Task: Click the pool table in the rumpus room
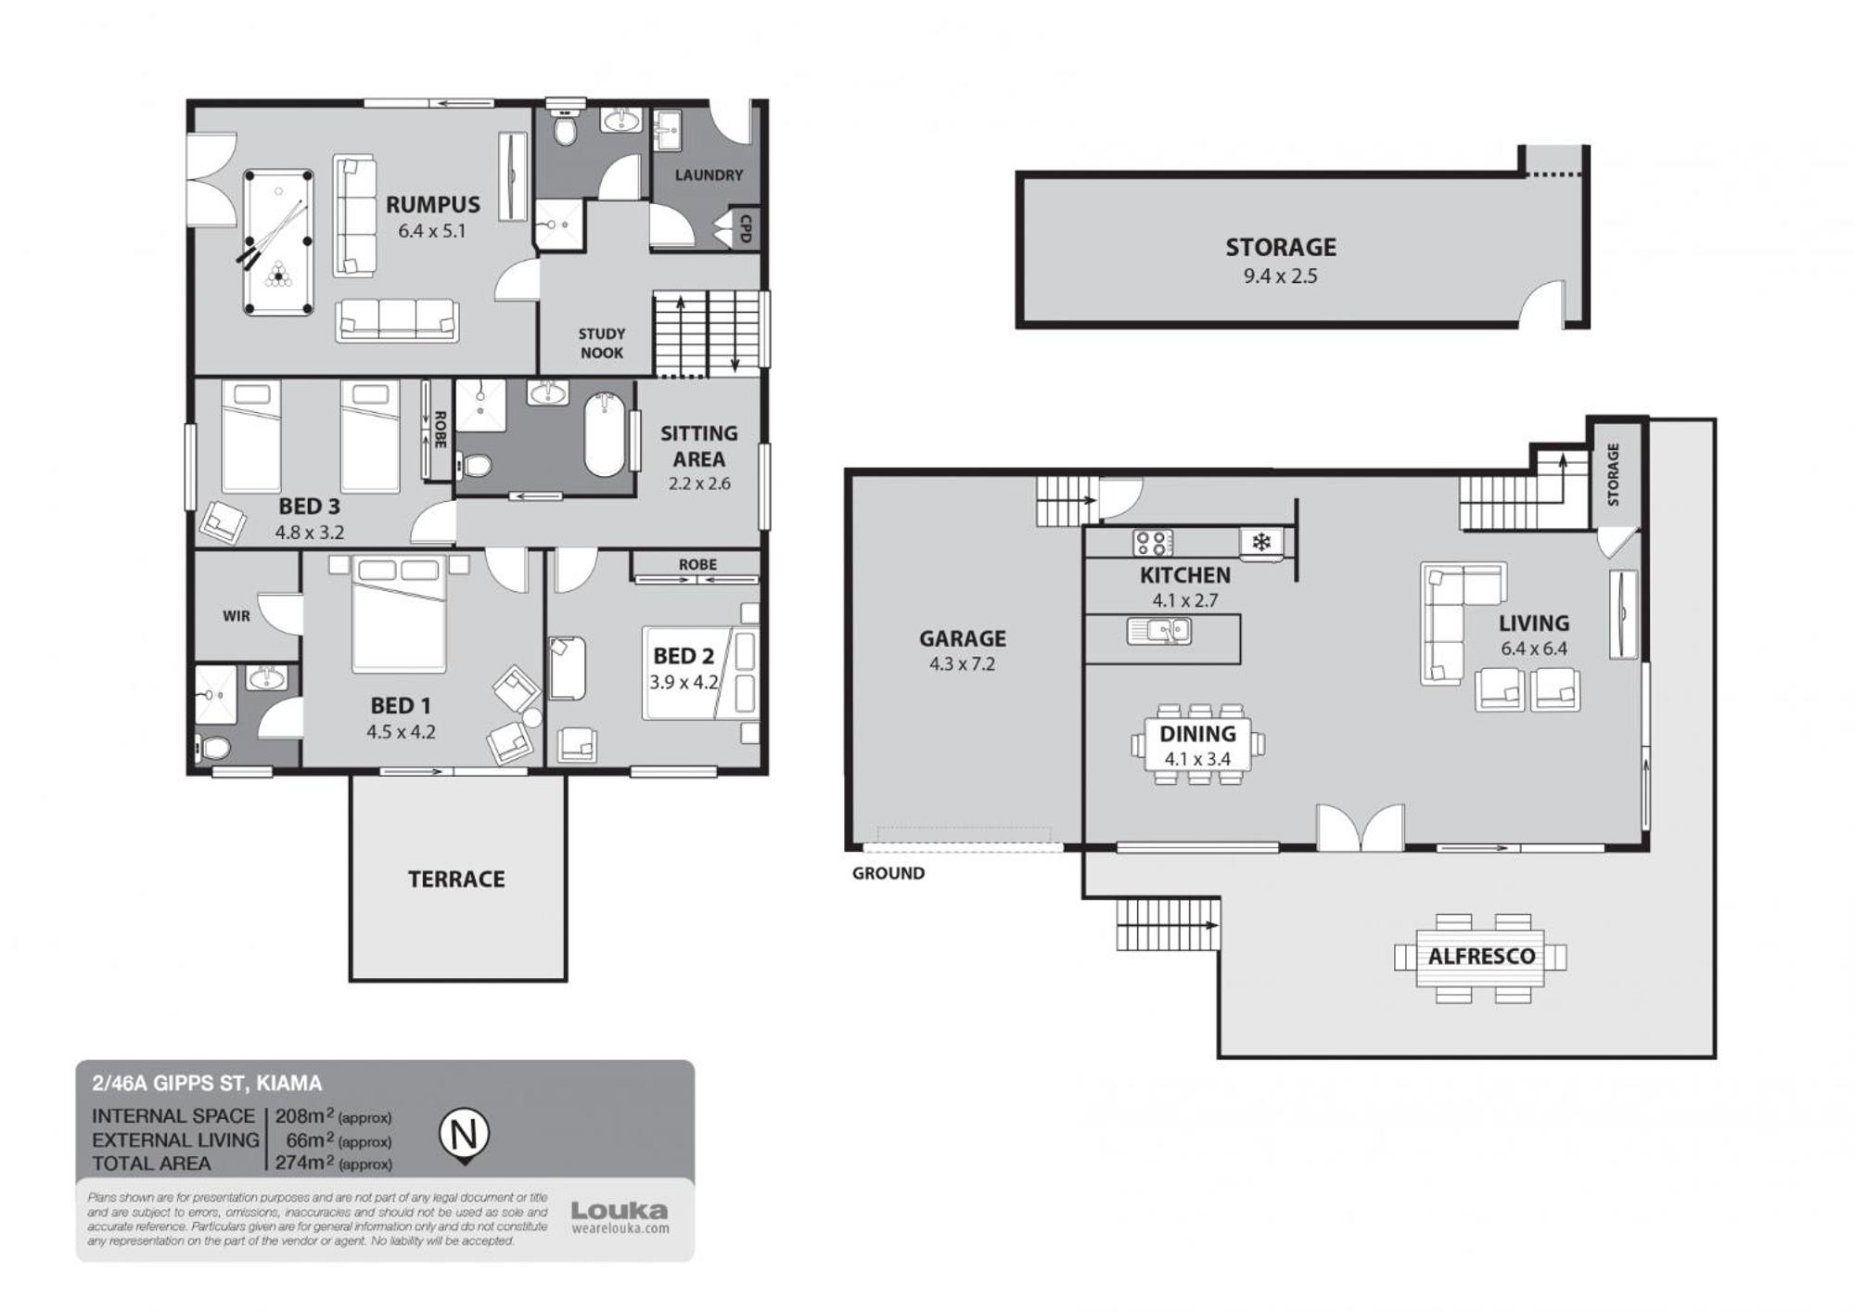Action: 278,242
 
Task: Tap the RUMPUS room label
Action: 433,205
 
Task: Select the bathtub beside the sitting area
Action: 605,434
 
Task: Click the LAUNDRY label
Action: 709,174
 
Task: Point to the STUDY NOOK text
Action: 601,343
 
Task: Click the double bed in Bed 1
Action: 399,614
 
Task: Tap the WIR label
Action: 237,616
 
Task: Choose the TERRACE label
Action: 456,879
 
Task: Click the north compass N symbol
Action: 463,1135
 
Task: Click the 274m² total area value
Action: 304,1162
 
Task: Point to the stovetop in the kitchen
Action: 1153,543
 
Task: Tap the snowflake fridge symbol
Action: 1261,542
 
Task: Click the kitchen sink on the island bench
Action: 1159,631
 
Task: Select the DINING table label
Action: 1197,734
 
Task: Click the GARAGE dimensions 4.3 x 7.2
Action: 962,664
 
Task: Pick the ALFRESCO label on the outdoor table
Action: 1481,957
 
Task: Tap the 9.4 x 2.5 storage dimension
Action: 1280,276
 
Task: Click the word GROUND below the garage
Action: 889,873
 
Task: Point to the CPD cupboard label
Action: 745,228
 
